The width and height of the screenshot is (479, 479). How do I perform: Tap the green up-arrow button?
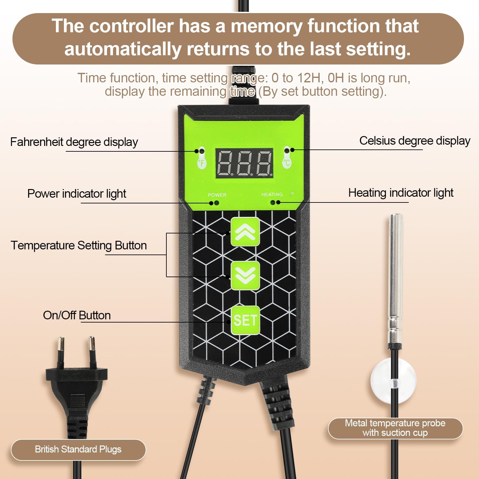pyautogui.click(x=245, y=232)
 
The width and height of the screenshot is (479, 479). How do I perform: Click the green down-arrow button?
pyautogui.click(x=245, y=275)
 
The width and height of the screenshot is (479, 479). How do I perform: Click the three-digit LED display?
pyautogui.click(x=245, y=163)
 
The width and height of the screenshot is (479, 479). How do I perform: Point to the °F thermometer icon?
pyautogui.click(x=201, y=158)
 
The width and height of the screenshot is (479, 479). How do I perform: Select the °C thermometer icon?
pyautogui.click(x=287, y=158)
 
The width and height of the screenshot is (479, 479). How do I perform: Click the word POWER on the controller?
pyautogui.click(x=217, y=195)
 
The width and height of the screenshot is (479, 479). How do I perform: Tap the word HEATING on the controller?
pyautogui.click(x=272, y=194)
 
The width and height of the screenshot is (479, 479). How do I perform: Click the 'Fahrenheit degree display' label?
pyautogui.click(x=74, y=142)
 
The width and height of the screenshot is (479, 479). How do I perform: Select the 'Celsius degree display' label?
pyautogui.click(x=415, y=141)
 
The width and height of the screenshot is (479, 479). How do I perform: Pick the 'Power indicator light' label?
pyautogui.click(x=77, y=194)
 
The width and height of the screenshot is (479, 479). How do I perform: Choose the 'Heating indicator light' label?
pyautogui.click(x=401, y=193)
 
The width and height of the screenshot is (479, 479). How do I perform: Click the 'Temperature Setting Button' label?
pyautogui.click(x=79, y=246)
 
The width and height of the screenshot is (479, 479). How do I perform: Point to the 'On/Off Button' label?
pyautogui.click(x=77, y=316)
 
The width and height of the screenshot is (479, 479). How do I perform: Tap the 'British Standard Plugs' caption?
pyautogui.click(x=78, y=449)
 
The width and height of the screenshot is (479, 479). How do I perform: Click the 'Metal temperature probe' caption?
pyautogui.click(x=395, y=423)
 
